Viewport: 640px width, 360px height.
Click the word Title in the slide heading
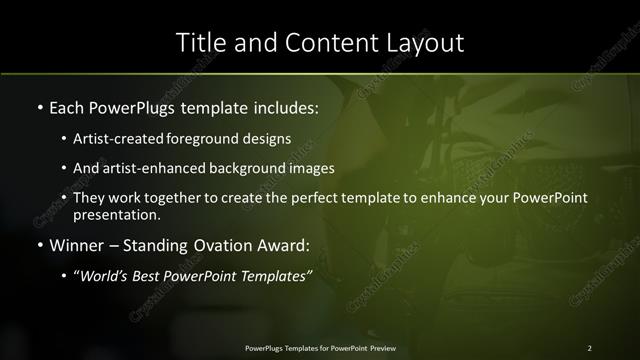point(200,43)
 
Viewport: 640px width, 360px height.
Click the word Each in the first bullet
point(67,106)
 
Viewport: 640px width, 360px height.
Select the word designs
point(266,140)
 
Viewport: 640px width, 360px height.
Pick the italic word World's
point(103,277)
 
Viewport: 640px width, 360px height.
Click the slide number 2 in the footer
point(589,347)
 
